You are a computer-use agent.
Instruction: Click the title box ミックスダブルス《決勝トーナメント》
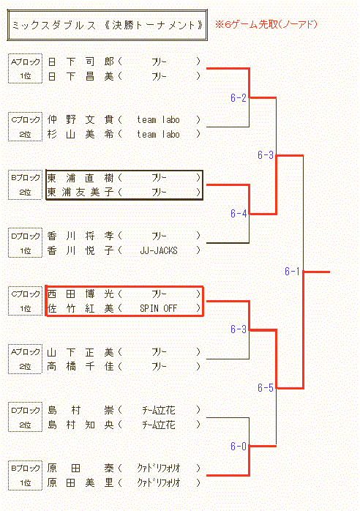coord(107,25)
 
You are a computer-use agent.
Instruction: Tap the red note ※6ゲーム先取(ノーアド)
coord(266,24)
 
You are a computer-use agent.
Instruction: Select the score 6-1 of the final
coord(292,271)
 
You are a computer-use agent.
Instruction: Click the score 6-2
coord(238,97)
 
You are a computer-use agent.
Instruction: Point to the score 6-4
coord(238,214)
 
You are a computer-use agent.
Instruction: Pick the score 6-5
coord(265,387)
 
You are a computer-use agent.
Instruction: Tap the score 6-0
coord(238,446)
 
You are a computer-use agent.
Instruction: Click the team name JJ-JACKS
coord(159,250)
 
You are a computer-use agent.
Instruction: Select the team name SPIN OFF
coord(158,308)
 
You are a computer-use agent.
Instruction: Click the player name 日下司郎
coord(80,61)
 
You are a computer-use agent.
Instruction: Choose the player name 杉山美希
coord(80,134)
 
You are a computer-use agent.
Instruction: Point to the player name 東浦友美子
coord(80,193)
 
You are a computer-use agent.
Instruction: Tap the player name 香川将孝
coord(80,236)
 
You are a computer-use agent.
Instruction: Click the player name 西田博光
coord(80,294)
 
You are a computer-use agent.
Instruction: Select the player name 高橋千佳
coord(80,367)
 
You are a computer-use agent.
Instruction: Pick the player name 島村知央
coord(80,425)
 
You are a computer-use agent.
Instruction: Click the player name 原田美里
coord(80,482)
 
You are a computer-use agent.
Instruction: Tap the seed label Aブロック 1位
coord(25,68)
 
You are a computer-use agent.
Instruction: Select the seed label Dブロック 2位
coord(25,417)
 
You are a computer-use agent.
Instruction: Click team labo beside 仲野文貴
coord(158,119)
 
